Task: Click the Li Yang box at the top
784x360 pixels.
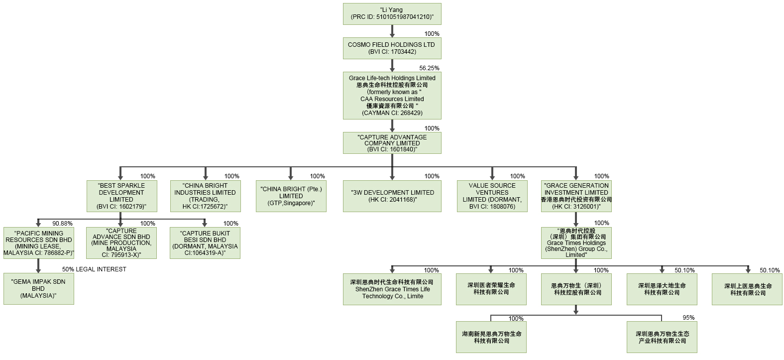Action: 392,13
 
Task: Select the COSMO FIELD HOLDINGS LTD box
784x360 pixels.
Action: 392,48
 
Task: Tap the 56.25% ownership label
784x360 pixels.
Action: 429,68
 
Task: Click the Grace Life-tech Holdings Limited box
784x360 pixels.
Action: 392,96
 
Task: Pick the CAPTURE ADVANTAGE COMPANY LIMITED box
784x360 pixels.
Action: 392,143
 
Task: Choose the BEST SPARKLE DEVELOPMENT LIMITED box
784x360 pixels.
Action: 121,196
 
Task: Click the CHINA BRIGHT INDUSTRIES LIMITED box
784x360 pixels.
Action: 205,196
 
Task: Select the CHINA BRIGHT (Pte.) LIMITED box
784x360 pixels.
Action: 291,196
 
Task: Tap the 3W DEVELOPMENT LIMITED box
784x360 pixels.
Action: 392,196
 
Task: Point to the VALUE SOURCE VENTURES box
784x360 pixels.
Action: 492,196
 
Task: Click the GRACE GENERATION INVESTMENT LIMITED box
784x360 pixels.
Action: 576,196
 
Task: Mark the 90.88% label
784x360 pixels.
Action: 62,224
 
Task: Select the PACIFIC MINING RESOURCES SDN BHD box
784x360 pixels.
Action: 38,243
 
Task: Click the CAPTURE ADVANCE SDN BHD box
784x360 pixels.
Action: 121,243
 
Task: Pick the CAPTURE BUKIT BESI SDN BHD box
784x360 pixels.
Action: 205,243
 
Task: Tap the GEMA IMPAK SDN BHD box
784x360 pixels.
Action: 38,289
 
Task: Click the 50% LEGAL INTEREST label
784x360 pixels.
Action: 94,269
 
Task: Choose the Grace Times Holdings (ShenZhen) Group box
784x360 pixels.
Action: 576,243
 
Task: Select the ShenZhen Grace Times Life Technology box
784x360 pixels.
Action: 392,289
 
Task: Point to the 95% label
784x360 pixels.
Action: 688,318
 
